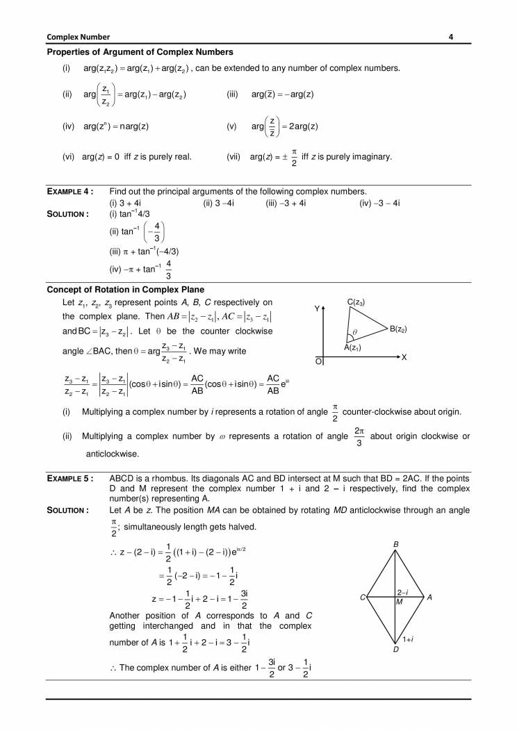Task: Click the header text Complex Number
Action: point(79,36)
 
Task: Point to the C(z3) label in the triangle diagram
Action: point(356,302)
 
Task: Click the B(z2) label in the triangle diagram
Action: point(398,329)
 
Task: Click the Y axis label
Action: point(317,308)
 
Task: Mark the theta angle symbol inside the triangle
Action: point(354,332)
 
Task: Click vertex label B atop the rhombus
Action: point(395,544)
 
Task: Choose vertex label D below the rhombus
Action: point(395,650)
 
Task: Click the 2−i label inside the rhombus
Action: point(402,592)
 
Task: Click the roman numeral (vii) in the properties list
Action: point(234,156)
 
